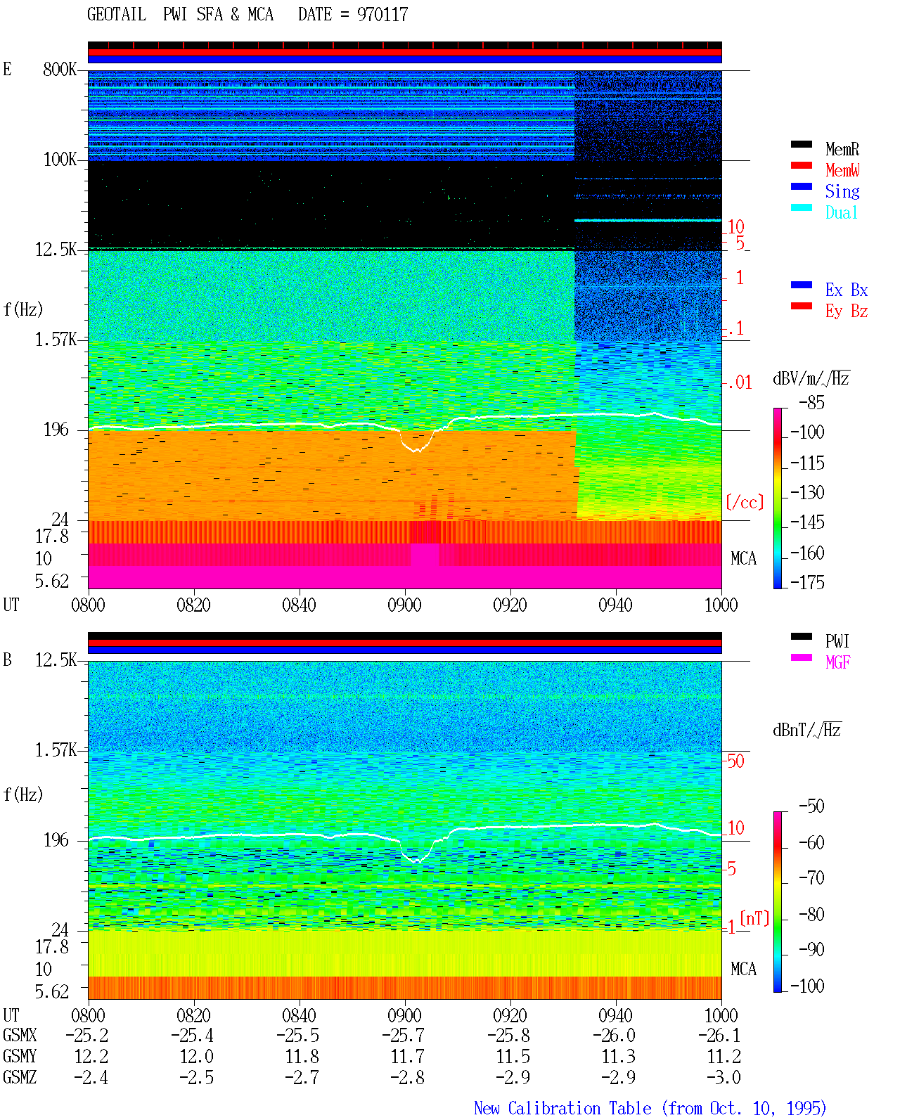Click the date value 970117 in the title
coord(382,15)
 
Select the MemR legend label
coord(842,149)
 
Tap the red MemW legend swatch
coord(801,165)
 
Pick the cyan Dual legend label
coord(842,212)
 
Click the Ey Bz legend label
coord(847,311)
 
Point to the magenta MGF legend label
coord(837,662)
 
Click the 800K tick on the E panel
coord(60,69)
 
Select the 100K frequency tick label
coord(60,160)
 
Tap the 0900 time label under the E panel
coord(404,605)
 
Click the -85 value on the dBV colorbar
coord(811,402)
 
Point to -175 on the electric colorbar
coord(807,582)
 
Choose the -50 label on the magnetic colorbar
coord(811,806)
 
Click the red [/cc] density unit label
coord(745,502)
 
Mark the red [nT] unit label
coord(754,918)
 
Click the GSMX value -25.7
coord(404,1035)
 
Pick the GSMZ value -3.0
coord(724,1077)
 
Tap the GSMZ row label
coord(20,1077)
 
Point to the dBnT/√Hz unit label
coord(807,730)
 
